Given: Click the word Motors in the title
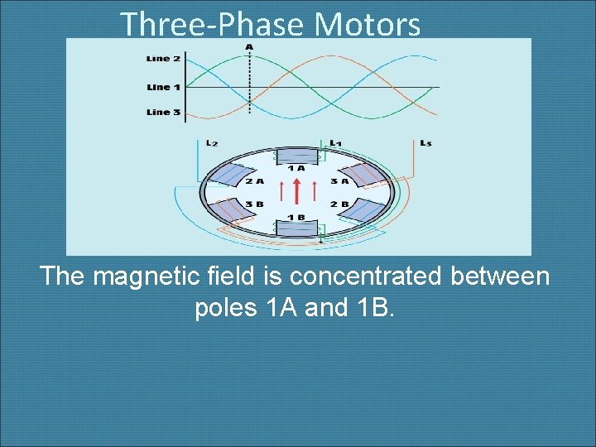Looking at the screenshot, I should [367, 24].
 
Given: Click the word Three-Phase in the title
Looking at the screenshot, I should [214, 24].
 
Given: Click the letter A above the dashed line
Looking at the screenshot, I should [249, 46].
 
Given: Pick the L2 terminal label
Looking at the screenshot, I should [212, 143].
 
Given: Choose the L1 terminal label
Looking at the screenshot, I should [335, 143].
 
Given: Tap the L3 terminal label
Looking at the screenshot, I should [425, 143].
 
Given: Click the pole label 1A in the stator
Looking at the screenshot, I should [296, 168].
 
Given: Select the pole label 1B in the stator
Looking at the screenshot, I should [296, 217].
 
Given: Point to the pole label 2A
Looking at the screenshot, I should [254, 181].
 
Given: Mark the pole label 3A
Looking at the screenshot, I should [339, 181].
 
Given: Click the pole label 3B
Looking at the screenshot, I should [254, 204].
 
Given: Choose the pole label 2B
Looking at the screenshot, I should [339, 204].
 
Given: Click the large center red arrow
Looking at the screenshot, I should [296, 192].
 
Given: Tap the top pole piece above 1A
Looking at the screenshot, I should [296, 156].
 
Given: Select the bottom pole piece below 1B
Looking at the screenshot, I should [296, 229].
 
